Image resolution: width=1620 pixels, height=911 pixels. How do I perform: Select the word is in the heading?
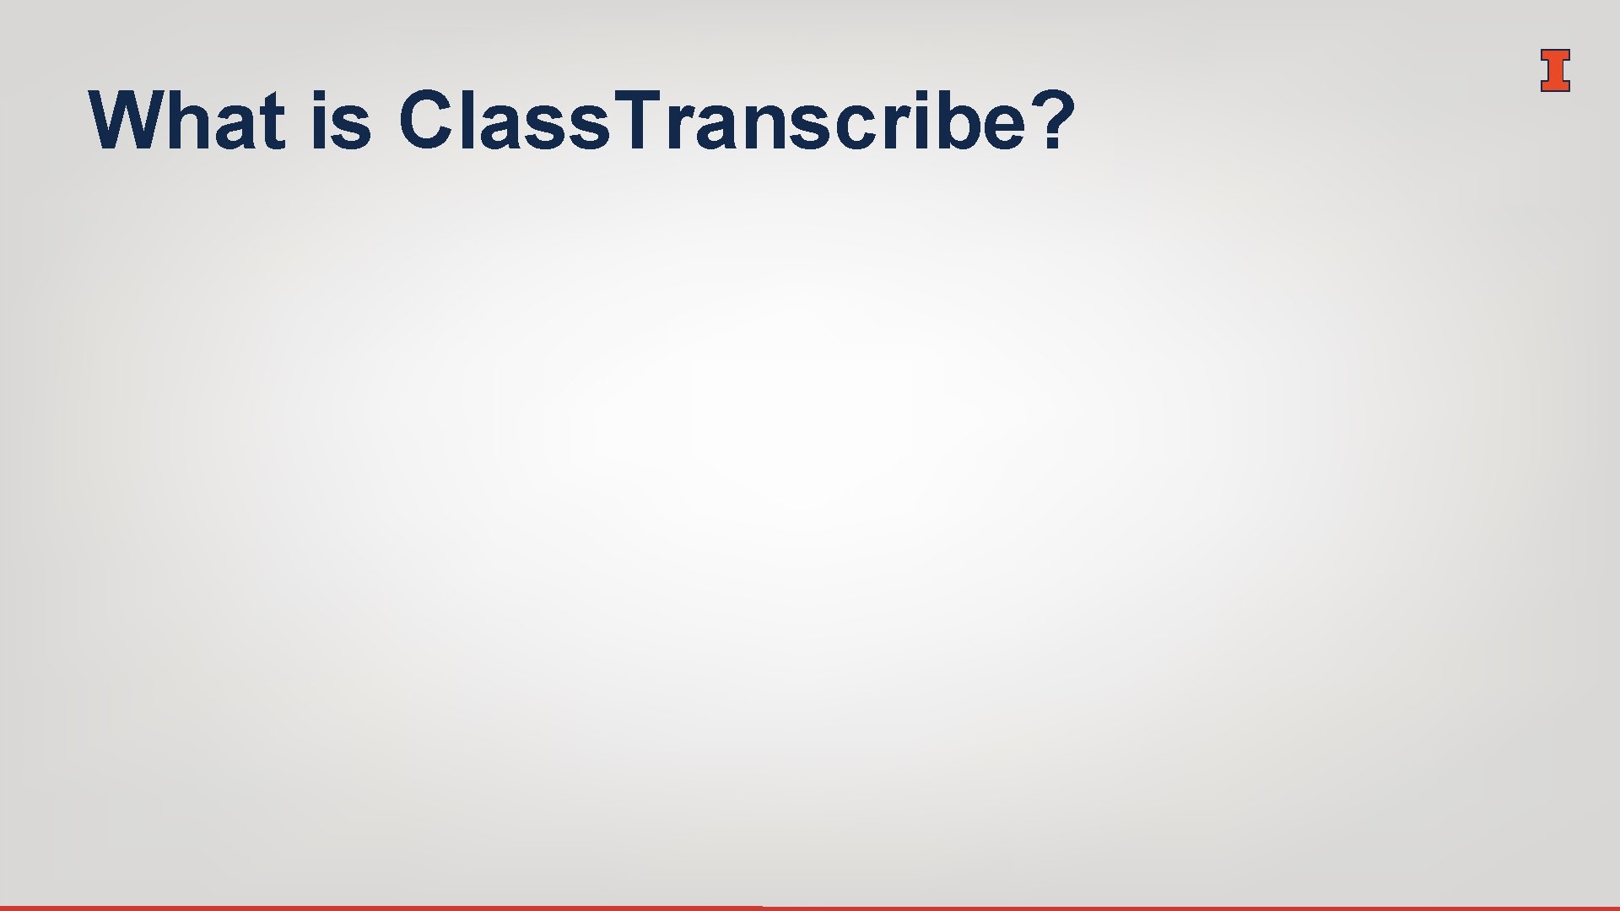pos(342,121)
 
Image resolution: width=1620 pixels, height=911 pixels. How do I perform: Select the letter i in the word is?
pos(319,121)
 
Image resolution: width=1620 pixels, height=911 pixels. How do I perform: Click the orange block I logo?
pos(1555,70)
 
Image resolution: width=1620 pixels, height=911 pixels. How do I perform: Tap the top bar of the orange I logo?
pos(1555,54)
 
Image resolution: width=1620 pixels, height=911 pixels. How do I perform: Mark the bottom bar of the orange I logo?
pos(1555,86)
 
